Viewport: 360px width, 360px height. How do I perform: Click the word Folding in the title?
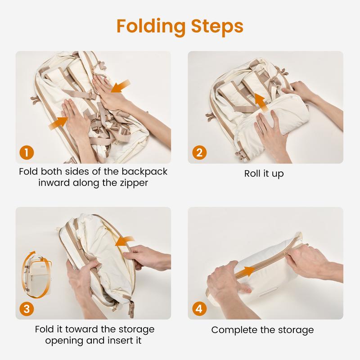click(x=151, y=27)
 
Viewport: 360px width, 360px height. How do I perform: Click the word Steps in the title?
click(x=217, y=26)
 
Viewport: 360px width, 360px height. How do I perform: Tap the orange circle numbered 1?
click(x=27, y=153)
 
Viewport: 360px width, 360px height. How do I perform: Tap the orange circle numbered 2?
click(x=199, y=153)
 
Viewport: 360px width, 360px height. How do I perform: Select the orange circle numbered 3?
click(x=27, y=309)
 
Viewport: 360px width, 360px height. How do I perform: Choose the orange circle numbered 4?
click(x=199, y=309)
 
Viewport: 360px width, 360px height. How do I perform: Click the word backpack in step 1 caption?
click(x=144, y=172)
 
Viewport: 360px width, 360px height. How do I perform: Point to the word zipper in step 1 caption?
click(x=134, y=184)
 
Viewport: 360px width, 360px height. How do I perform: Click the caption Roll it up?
click(x=264, y=174)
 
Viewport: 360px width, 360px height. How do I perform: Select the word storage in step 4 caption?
click(x=296, y=330)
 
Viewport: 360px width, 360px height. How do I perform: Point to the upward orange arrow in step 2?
click(x=261, y=103)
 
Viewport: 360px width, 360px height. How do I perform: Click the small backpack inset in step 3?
click(x=37, y=275)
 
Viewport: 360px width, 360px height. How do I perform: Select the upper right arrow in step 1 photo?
click(x=121, y=86)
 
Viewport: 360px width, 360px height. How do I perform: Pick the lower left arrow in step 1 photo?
click(x=59, y=123)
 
